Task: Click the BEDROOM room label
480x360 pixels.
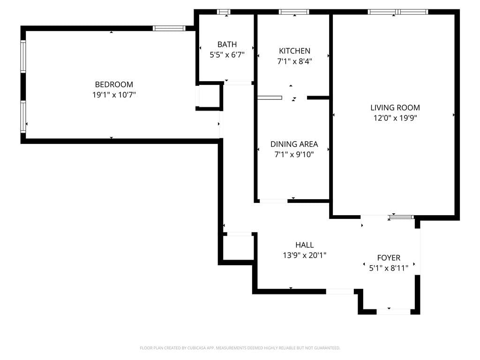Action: [114, 84]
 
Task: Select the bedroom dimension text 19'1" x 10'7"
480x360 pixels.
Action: [114, 95]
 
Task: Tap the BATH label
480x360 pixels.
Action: [227, 45]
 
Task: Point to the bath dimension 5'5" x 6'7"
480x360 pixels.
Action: [227, 54]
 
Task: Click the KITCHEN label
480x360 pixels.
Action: [294, 51]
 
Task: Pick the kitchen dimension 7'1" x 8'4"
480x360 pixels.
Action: [294, 61]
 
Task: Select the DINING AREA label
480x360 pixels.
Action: [294, 144]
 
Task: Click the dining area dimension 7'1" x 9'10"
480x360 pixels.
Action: [294, 154]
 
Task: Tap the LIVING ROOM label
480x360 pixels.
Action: [395, 108]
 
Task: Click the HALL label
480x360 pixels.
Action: [305, 245]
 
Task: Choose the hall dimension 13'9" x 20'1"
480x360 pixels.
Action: [305, 255]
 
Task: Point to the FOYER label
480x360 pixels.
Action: [389, 258]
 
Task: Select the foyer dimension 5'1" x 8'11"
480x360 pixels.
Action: [389, 268]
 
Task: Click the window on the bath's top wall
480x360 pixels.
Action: [224, 12]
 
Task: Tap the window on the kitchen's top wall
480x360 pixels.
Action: [294, 12]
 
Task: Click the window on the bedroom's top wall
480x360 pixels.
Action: [169, 28]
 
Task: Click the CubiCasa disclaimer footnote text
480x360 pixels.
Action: [240, 348]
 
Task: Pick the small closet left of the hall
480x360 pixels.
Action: [238, 247]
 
